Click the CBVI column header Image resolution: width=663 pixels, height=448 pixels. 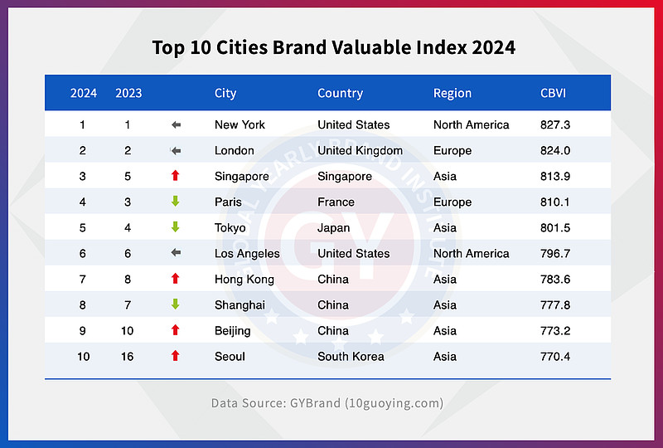point(553,93)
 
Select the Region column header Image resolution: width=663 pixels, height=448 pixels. point(452,93)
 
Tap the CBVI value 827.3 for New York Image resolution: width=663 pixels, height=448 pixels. point(555,124)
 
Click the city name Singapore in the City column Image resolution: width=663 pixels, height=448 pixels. point(241,176)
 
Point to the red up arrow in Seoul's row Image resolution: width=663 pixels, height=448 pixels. point(175,356)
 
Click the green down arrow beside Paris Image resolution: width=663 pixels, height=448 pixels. point(175,202)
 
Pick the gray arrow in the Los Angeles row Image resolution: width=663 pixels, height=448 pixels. point(176,253)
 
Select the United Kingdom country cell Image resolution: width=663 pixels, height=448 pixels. point(360,150)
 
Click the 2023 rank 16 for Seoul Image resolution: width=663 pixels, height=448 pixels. point(128,356)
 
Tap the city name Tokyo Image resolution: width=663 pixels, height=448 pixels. point(230,227)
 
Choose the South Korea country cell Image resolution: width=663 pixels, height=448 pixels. point(351,356)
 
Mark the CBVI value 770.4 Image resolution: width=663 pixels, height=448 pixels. point(555,356)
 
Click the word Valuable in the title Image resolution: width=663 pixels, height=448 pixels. point(346,46)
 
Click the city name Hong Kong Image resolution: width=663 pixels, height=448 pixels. point(244,279)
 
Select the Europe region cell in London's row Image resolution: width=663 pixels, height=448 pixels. point(452,150)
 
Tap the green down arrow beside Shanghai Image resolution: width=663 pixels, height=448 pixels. point(175,304)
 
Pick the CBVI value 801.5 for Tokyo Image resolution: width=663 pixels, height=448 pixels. point(555,227)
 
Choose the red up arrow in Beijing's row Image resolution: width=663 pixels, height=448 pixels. point(175,330)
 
